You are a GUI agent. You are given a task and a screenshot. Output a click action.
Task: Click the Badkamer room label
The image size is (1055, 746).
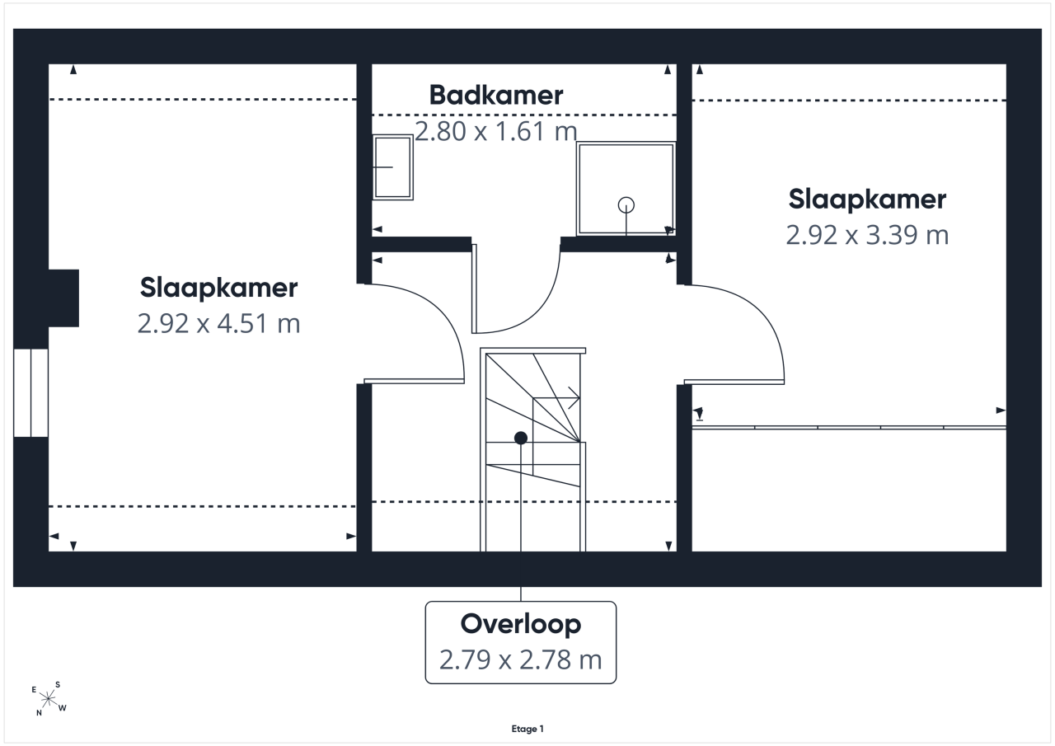click(495, 95)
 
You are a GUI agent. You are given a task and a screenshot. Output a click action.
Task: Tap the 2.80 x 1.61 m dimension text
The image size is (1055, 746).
click(495, 131)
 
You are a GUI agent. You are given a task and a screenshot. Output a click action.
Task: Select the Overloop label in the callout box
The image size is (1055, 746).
click(520, 626)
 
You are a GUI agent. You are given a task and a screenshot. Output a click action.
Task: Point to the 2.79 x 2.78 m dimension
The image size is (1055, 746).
click(520, 659)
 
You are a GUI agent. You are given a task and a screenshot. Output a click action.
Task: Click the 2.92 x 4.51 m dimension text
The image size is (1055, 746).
click(218, 324)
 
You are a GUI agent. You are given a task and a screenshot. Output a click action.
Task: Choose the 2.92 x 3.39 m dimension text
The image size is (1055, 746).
click(867, 235)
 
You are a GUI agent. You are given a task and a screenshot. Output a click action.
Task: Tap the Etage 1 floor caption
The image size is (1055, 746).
click(527, 729)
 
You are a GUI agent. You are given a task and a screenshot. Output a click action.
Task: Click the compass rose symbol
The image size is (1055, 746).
click(49, 699)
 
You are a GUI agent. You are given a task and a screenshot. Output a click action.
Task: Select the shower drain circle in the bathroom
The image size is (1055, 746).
click(626, 205)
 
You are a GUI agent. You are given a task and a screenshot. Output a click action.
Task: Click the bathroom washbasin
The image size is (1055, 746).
click(393, 167)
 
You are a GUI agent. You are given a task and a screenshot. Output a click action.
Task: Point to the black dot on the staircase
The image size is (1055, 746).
click(520, 438)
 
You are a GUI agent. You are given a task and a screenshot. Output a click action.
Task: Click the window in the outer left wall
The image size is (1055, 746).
click(31, 392)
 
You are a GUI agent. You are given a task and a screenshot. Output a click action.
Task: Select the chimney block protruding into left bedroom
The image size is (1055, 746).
click(63, 298)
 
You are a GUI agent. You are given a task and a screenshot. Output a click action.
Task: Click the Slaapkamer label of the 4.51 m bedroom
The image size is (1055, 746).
click(218, 289)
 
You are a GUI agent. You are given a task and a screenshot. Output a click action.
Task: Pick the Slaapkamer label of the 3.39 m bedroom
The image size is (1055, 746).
click(867, 199)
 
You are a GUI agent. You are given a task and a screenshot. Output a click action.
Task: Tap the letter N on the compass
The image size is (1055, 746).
click(39, 713)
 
